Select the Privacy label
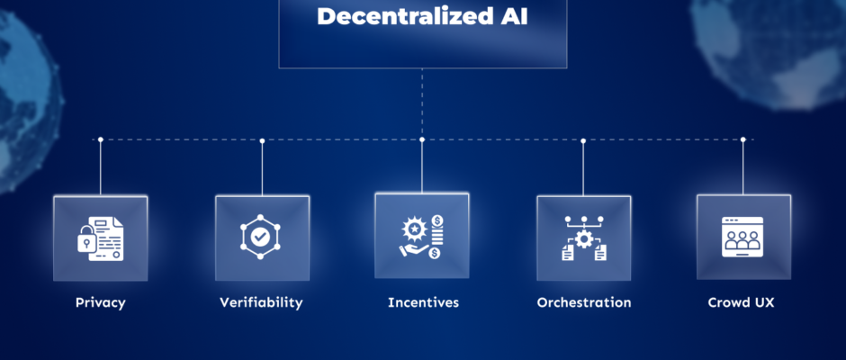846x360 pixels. pos(101,302)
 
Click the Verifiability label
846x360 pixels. pos(261,302)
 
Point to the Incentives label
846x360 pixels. pos(423,302)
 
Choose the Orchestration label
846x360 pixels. pos(584,302)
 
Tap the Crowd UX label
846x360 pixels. pos(742,302)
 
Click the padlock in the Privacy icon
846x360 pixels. pos(87,244)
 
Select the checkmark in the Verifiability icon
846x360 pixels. pos(261,238)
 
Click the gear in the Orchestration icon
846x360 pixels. pos(584,239)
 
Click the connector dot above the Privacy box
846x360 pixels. pos(101,139)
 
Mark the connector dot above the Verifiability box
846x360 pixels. pos(262,140)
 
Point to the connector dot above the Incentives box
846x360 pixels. pos(422,139)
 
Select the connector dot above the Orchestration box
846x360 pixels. pos(583,140)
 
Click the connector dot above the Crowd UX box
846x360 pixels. pos(743,139)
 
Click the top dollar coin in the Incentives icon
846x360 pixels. pos(436,220)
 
